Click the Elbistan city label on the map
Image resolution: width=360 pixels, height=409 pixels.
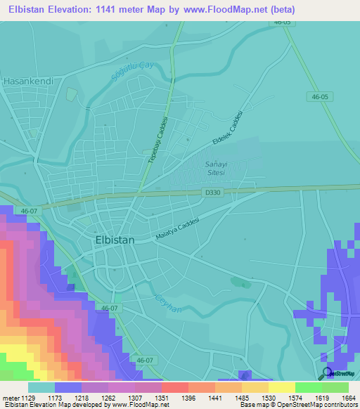[x=114, y=240]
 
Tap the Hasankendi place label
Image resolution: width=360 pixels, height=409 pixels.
[x=28, y=81]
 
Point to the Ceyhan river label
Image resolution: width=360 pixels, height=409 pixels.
[x=169, y=303]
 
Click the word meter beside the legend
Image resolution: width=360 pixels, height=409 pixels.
[x=11, y=398]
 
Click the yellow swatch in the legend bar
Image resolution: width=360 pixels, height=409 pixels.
[x=281, y=387]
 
